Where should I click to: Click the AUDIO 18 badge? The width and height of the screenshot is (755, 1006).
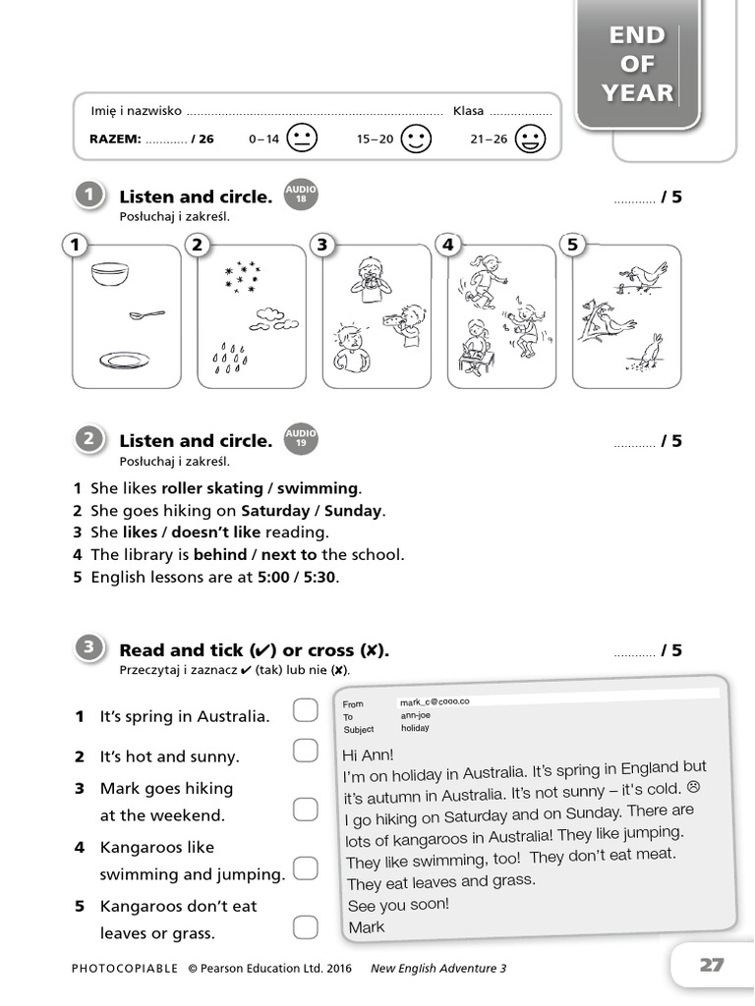pyautogui.click(x=301, y=195)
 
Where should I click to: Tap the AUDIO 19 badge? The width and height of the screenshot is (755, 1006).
pyautogui.click(x=301, y=438)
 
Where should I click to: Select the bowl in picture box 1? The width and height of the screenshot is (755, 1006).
pyautogui.click(x=109, y=274)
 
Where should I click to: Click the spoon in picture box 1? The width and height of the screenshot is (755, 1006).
pyautogui.click(x=146, y=314)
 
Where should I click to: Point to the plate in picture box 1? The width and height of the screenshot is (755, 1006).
pyautogui.click(x=124, y=361)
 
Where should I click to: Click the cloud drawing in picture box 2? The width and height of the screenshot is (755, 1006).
pyautogui.click(x=267, y=316)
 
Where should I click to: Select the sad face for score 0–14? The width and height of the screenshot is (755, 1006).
pyautogui.click(x=303, y=139)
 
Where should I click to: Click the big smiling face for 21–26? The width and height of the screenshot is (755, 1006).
pyautogui.click(x=531, y=139)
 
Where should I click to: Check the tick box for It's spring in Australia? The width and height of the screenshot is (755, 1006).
pyautogui.click(x=305, y=711)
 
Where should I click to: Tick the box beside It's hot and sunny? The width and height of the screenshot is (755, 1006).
pyautogui.click(x=305, y=752)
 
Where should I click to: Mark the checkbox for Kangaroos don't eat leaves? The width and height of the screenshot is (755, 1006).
pyautogui.click(x=305, y=926)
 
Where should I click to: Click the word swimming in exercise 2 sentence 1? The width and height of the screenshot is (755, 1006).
pyautogui.click(x=318, y=488)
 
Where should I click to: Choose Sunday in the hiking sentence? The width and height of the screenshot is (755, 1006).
pyautogui.click(x=353, y=511)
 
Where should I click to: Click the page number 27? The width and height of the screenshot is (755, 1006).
pyautogui.click(x=712, y=965)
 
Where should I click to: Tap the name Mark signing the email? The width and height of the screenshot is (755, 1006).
pyautogui.click(x=367, y=926)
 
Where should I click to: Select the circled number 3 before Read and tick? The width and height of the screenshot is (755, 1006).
pyautogui.click(x=88, y=646)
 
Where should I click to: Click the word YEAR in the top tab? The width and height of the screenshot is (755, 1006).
pyautogui.click(x=637, y=93)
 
